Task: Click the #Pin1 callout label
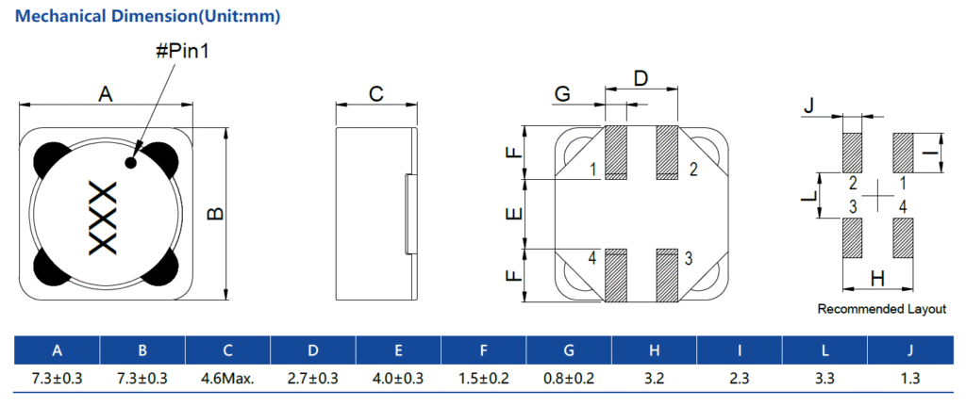(x=181, y=51)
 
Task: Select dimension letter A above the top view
(x=106, y=93)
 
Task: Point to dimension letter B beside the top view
(x=215, y=214)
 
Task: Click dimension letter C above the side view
(x=376, y=93)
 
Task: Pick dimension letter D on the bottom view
(x=641, y=77)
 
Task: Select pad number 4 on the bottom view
(x=592, y=257)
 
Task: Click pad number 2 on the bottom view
(x=693, y=170)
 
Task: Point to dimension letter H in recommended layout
(x=877, y=278)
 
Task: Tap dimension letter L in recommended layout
(x=808, y=196)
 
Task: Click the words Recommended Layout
(x=881, y=309)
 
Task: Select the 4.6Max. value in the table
(x=227, y=378)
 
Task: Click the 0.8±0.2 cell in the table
(x=569, y=378)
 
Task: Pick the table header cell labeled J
(x=909, y=351)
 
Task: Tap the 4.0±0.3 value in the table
(x=398, y=378)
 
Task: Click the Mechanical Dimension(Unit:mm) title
(x=148, y=17)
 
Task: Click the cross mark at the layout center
(x=878, y=194)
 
